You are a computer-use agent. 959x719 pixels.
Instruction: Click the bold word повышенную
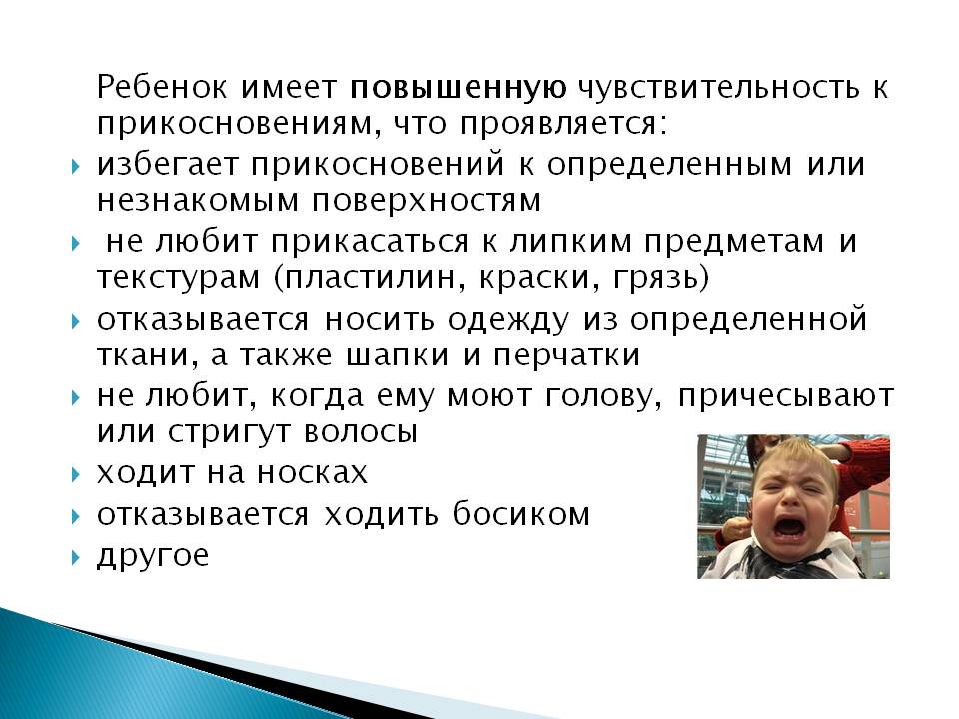(459, 88)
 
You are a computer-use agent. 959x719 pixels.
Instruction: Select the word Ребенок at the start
(162, 87)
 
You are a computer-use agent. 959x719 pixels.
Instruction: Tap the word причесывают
(786, 397)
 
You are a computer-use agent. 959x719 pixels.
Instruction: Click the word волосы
(361, 432)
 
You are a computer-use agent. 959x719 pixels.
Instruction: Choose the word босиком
(521, 513)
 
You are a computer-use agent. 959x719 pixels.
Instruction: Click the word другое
(153, 556)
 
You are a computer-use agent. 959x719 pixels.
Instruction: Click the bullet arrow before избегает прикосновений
(75, 167)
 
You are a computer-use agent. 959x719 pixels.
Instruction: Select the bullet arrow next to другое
(75, 557)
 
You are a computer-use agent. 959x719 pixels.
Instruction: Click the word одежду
(507, 320)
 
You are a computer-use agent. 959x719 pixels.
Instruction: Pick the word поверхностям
(427, 201)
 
